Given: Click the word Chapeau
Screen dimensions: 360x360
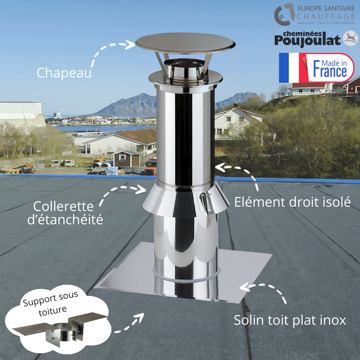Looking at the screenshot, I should [64, 72].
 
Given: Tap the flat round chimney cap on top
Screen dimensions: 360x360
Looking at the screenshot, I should [185, 43].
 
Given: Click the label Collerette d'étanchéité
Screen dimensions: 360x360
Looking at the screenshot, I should [65, 213].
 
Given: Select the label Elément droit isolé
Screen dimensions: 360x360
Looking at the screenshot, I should [292, 202].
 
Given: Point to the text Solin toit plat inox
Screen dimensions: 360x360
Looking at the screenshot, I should [290, 320].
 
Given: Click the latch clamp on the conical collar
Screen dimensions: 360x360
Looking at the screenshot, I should [204, 203].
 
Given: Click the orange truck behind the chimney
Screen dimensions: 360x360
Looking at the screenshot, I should [151, 167].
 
